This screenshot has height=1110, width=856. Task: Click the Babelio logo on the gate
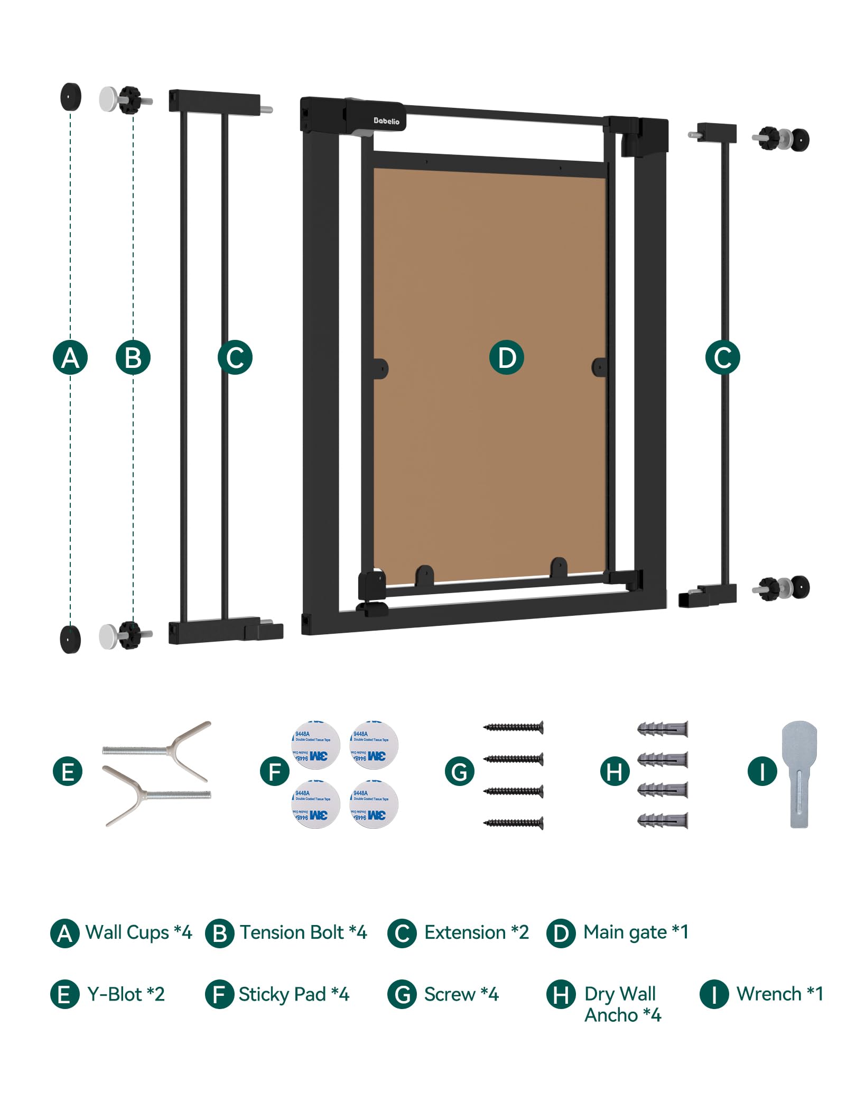(x=386, y=121)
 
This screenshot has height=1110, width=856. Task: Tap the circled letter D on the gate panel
(x=506, y=358)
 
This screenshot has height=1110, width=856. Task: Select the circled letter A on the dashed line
(x=70, y=358)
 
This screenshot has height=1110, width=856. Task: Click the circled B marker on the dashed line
(x=133, y=358)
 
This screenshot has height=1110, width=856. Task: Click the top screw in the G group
(x=514, y=727)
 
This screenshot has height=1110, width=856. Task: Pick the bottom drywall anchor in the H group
(x=663, y=820)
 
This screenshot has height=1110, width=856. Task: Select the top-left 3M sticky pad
(x=315, y=745)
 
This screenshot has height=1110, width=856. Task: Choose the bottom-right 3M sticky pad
(x=374, y=804)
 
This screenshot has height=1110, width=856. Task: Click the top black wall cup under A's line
(x=71, y=97)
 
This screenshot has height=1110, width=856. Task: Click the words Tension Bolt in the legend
(x=292, y=932)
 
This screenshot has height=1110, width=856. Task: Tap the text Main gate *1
(x=636, y=932)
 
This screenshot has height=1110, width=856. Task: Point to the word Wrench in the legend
(x=769, y=994)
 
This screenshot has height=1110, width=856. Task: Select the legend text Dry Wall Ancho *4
(x=622, y=1004)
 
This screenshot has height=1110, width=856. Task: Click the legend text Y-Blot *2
(x=126, y=994)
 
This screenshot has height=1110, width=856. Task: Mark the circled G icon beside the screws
(x=459, y=772)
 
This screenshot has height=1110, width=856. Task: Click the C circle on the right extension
(x=722, y=358)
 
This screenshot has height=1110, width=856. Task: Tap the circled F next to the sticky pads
(x=275, y=772)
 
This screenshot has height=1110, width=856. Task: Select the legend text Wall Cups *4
(x=138, y=932)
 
